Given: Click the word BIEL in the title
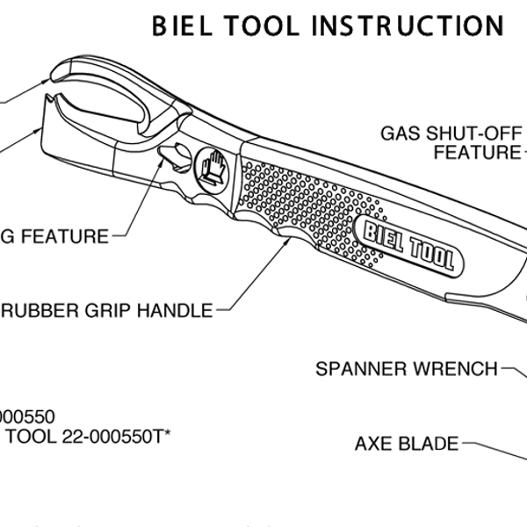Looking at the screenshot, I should coord(184,25).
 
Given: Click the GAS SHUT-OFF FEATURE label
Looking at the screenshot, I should coord(452,143).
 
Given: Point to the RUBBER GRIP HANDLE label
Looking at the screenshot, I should coord(106,310).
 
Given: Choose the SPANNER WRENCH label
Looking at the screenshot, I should coord(407,368).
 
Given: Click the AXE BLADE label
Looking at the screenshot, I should coord(407,444).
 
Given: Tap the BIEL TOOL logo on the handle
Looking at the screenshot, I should coord(408,247).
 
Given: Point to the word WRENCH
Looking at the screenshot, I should coord(458,368).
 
